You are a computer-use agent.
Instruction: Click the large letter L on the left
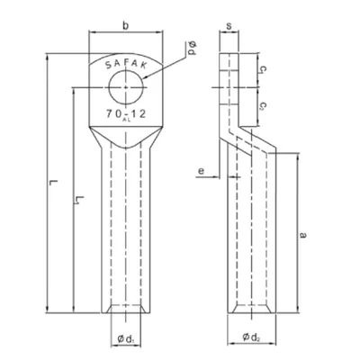[x=53, y=184]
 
